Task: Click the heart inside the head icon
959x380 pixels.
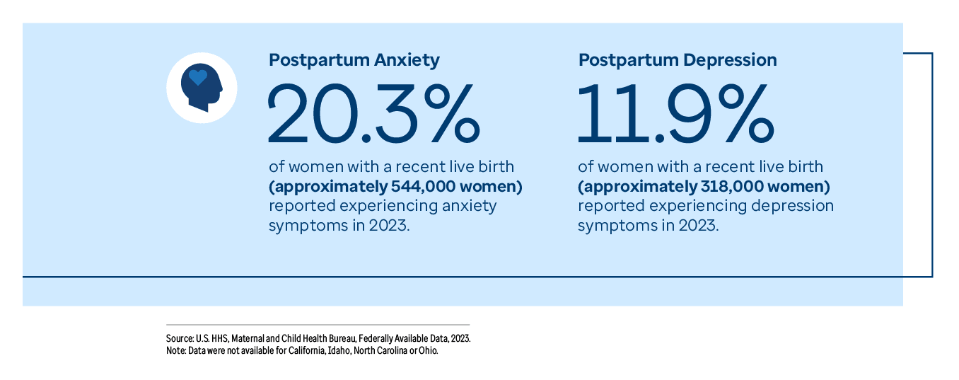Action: (x=199, y=77)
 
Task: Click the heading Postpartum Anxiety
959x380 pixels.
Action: (x=354, y=60)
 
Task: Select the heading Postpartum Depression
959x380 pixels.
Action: (x=678, y=60)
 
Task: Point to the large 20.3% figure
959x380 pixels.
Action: (x=373, y=113)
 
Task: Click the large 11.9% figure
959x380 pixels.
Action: (x=675, y=113)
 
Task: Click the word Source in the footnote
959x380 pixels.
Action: (x=178, y=339)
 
